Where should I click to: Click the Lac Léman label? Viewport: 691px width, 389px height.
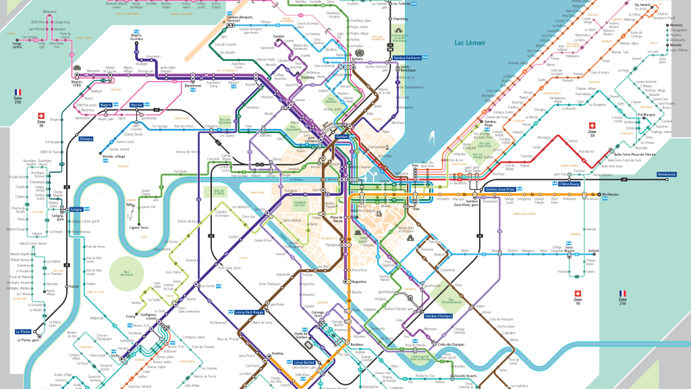coord(471,42)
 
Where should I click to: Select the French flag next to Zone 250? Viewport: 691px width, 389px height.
coord(18,91)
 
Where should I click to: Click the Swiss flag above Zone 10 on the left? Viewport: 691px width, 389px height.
coord(41,115)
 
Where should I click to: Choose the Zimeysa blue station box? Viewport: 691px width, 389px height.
coord(86,138)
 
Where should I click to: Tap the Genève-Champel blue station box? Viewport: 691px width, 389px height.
coord(438,316)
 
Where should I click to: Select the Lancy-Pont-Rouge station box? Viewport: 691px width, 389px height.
coord(249,312)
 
